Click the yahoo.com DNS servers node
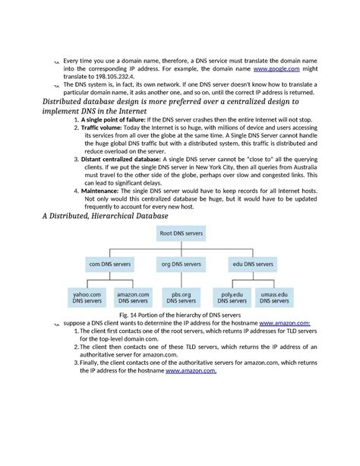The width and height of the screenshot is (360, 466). coord(87,297)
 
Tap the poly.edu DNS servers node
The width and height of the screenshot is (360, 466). coord(232,297)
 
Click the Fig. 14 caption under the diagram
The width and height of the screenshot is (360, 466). coord(179,314)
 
